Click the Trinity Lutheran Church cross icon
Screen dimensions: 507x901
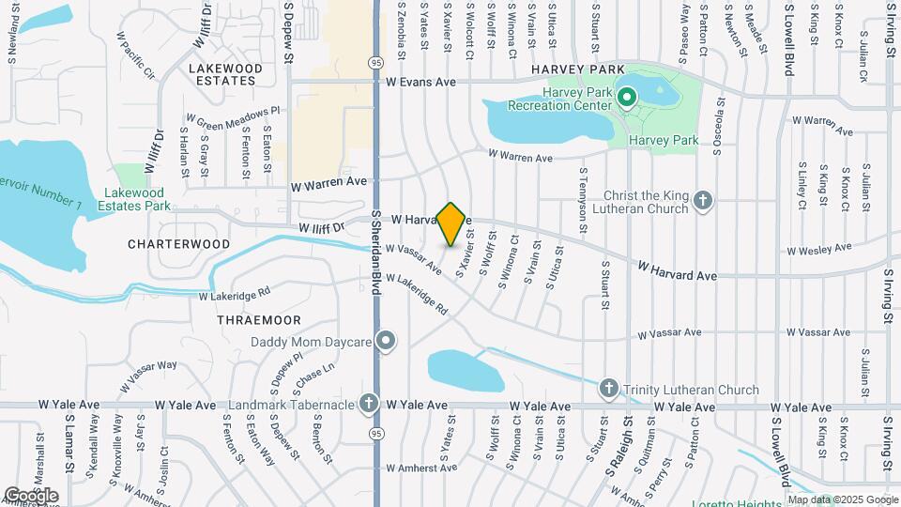point(608,389)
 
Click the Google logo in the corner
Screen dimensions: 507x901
point(30,495)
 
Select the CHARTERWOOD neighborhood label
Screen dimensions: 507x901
point(179,244)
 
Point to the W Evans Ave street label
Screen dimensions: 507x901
point(420,83)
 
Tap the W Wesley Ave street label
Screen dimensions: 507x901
point(819,250)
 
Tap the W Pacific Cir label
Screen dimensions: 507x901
point(135,55)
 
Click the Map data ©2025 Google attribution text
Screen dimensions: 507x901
point(841,499)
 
